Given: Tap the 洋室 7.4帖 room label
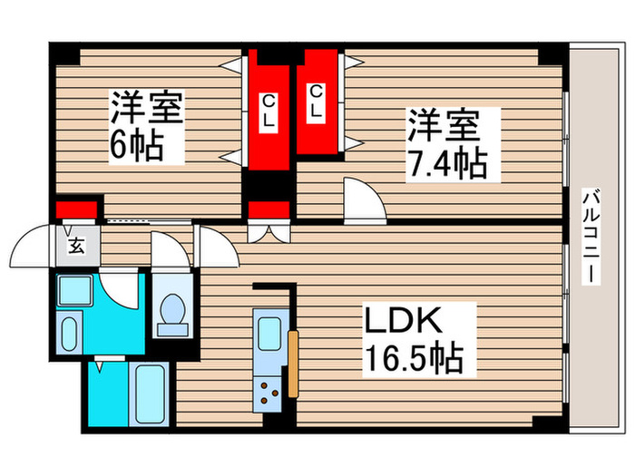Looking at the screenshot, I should [446, 143].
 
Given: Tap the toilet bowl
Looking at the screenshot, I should [171, 312].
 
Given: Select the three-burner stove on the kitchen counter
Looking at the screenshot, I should [269, 392].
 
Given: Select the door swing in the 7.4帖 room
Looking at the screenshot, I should [364, 198].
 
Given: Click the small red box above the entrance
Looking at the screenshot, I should [76, 210].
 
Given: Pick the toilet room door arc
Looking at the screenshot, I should [168, 248].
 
